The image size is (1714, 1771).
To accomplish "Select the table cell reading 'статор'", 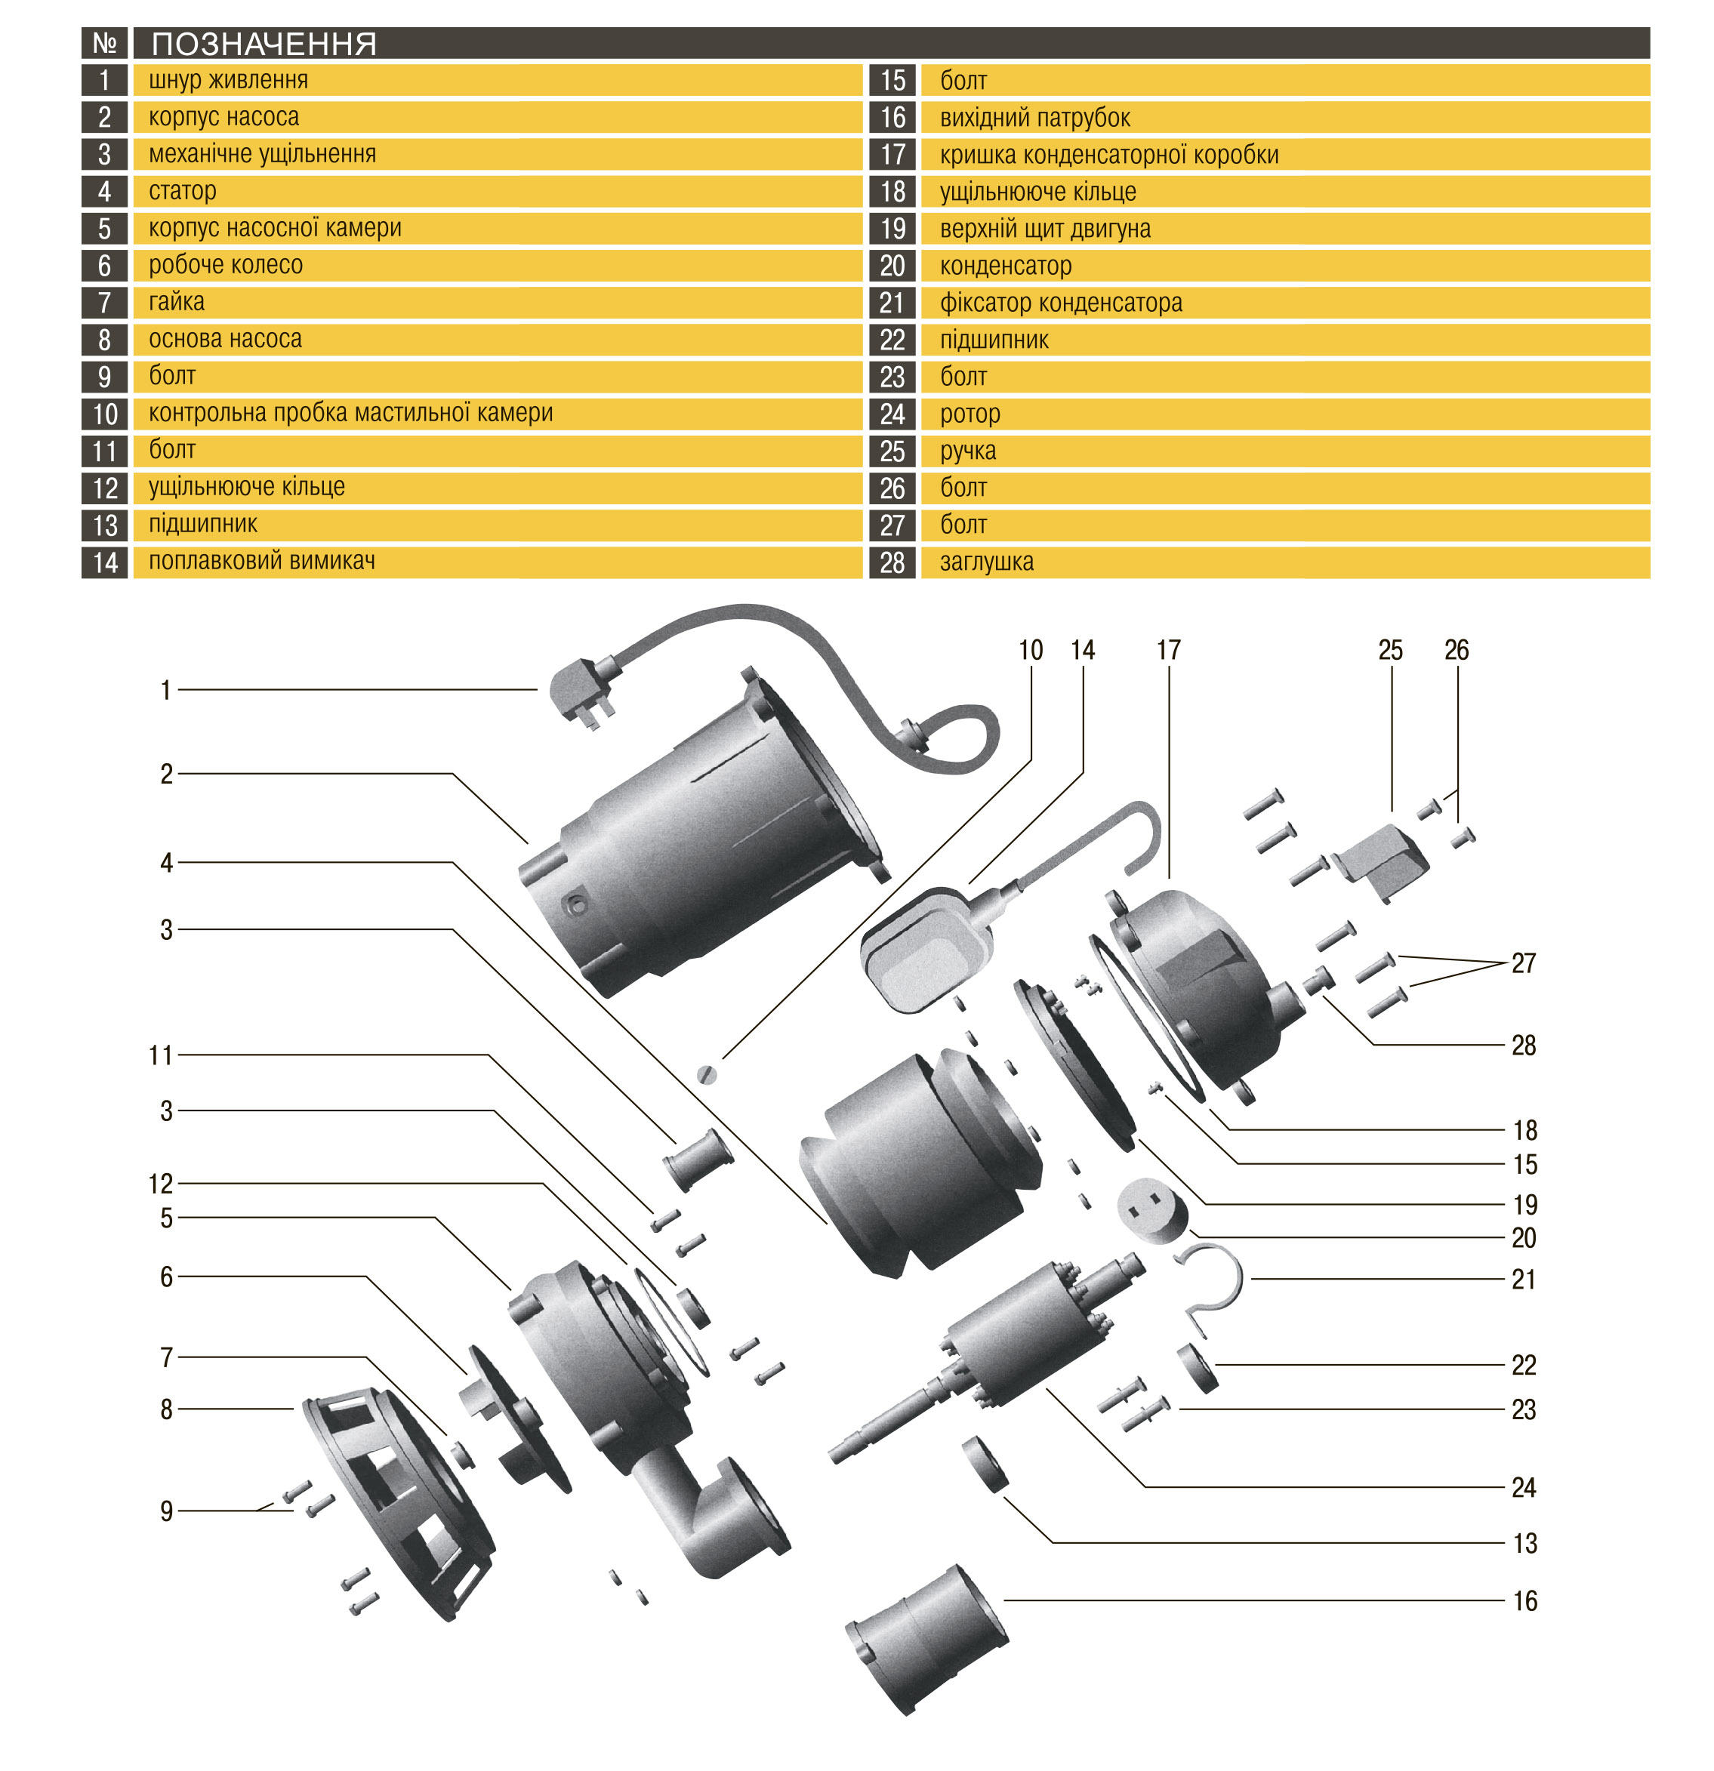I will [x=183, y=191].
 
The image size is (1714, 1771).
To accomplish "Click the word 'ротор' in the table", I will [x=970, y=414].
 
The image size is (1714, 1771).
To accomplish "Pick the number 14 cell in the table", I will [x=105, y=562].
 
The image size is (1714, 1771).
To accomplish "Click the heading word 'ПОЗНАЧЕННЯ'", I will [x=264, y=43].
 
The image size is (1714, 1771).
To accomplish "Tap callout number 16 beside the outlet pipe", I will [x=1524, y=1601].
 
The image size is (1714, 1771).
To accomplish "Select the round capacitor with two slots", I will [x=1151, y=1211].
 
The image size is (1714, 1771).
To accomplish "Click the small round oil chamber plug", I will [x=707, y=1074].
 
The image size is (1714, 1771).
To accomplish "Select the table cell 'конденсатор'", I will [x=1005, y=266].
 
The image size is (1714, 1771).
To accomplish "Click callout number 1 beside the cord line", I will [x=165, y=690].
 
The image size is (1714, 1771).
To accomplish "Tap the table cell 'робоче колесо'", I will [x=225, y=265].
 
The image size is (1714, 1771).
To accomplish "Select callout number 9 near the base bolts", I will [x=166, y=1511].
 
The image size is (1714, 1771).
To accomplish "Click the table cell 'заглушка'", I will [x=986, y=562].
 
